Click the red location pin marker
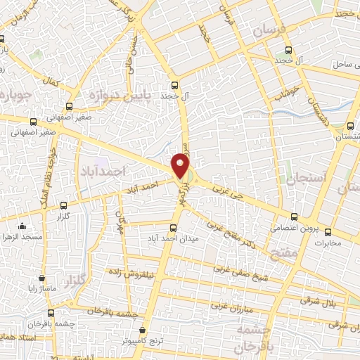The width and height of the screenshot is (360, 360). (181, 167)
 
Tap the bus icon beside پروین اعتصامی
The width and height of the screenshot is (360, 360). (293, 217)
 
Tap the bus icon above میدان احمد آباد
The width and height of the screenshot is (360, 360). (174, 228)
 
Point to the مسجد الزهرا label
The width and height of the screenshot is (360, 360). (22, 238)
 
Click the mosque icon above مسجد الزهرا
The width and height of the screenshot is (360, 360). (22, 226)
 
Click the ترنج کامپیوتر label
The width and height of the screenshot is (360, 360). (143, 341)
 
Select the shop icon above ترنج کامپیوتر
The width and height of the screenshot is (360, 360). (143, 329)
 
